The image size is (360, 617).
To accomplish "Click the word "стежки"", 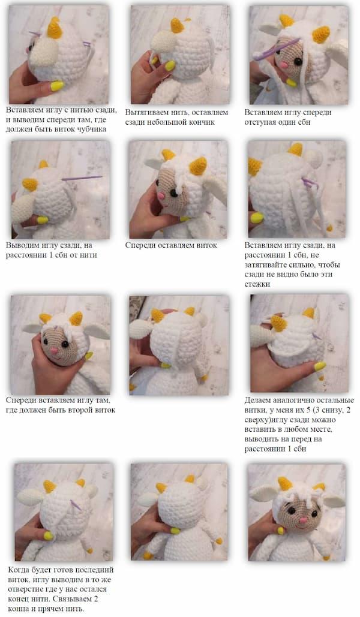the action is tap(257, 284).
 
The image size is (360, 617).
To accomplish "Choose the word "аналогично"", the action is tap(293, 401).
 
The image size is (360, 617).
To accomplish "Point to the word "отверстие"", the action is tap(26, 589).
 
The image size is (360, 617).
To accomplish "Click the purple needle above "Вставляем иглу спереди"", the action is tap(277, 49).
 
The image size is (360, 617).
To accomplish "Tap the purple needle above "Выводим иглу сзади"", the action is tap(82, 178).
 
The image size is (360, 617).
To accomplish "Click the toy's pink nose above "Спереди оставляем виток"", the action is tap(161, 195).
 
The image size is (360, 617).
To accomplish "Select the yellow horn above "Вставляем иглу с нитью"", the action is tap(55, 28).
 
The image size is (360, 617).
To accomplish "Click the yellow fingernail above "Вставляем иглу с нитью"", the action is tap(57, 85).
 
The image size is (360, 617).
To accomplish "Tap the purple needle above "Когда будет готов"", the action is tap(75, 505).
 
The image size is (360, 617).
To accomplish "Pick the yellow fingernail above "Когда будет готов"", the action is tap(49, 535).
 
